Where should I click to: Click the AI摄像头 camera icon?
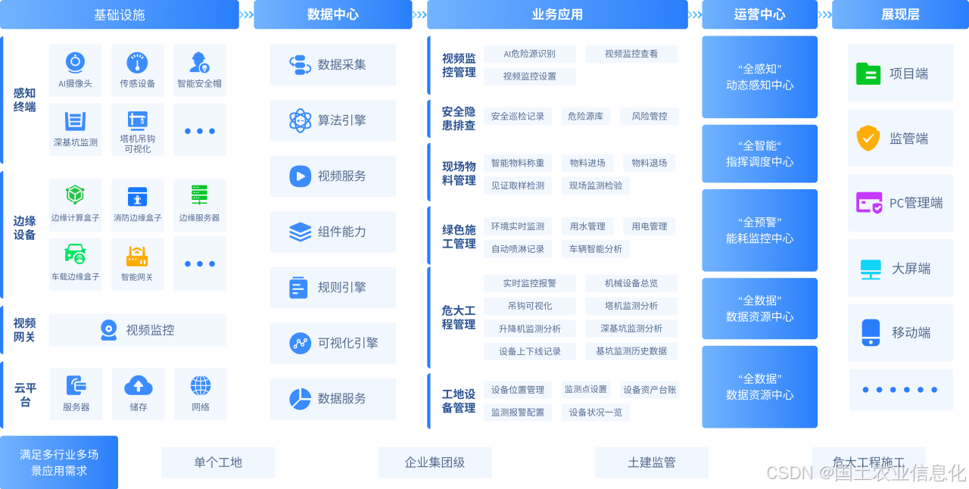pos(75,61)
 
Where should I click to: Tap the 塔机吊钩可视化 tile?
pos(137,130)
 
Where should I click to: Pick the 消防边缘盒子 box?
pos(137,205)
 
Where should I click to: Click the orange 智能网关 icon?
pos(137,256)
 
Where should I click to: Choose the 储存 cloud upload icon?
pos(138,385)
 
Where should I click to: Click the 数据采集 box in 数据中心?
pos(332,65)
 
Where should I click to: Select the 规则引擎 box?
pos(332,288)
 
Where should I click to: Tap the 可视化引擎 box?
pos(332,343)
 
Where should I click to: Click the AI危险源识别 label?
pos(529,54)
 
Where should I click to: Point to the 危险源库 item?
pos(585,117)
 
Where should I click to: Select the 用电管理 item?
pos(649,226)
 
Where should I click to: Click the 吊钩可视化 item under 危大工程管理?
pos(529,306)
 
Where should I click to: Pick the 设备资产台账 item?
pos(649,390)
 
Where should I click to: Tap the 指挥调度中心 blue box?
pos(759,154)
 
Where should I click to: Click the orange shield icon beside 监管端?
pos(868,139)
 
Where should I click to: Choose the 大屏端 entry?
pos(900,269)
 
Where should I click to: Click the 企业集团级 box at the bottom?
pos(435,462)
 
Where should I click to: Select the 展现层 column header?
pos(900,14)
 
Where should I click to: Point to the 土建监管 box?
pos(651,462)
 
